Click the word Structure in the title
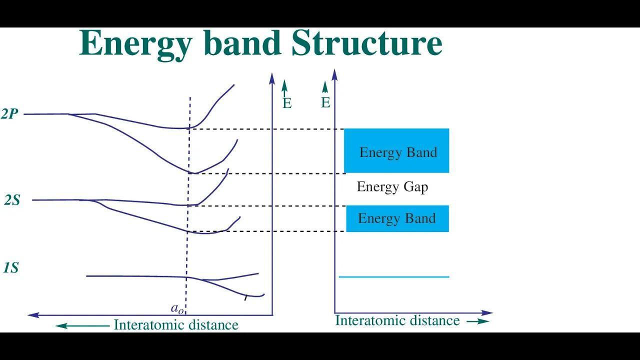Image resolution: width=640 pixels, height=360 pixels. click(367, 42)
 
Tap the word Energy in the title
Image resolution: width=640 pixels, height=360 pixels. click(135, 44)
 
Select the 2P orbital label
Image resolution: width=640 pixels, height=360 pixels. click(9, 113)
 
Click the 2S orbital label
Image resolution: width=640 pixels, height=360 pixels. click(12, 200)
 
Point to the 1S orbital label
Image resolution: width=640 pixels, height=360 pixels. click(11, 267)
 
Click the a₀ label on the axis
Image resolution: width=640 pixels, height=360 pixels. click(177, 308)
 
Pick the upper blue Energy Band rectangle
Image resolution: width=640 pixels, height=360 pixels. click(396, 150)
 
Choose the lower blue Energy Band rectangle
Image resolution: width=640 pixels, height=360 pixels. click(397, 218)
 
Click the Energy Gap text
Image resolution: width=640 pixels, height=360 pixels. click(392, 187)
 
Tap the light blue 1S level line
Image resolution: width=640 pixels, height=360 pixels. click(394, 277)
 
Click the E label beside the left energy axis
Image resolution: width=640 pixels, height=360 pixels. click(287, 103)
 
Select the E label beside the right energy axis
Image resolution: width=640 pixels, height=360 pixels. click(325, 102)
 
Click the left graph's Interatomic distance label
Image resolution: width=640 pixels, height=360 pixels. click(176, 325)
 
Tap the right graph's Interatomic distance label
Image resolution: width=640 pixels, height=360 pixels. click(397, 320)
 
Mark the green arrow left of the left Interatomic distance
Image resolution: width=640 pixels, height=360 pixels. click(82, 325)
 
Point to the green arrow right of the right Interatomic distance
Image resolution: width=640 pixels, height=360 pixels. click(478, 321)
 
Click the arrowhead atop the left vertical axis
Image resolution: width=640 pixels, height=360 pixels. click(272, 78)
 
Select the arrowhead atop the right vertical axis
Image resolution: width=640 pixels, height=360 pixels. click(334, 74)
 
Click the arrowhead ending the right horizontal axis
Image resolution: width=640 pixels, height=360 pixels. click(487, 313)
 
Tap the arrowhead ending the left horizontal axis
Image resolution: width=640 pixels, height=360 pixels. click(33, 315)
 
